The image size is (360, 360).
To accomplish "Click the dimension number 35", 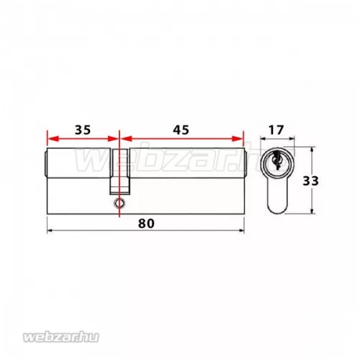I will tap(82, 130).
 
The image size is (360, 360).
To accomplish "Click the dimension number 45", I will tap(181, 130).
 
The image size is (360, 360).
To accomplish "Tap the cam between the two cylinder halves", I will tap(120, 173).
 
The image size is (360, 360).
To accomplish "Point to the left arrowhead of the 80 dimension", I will tap(49, 232).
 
